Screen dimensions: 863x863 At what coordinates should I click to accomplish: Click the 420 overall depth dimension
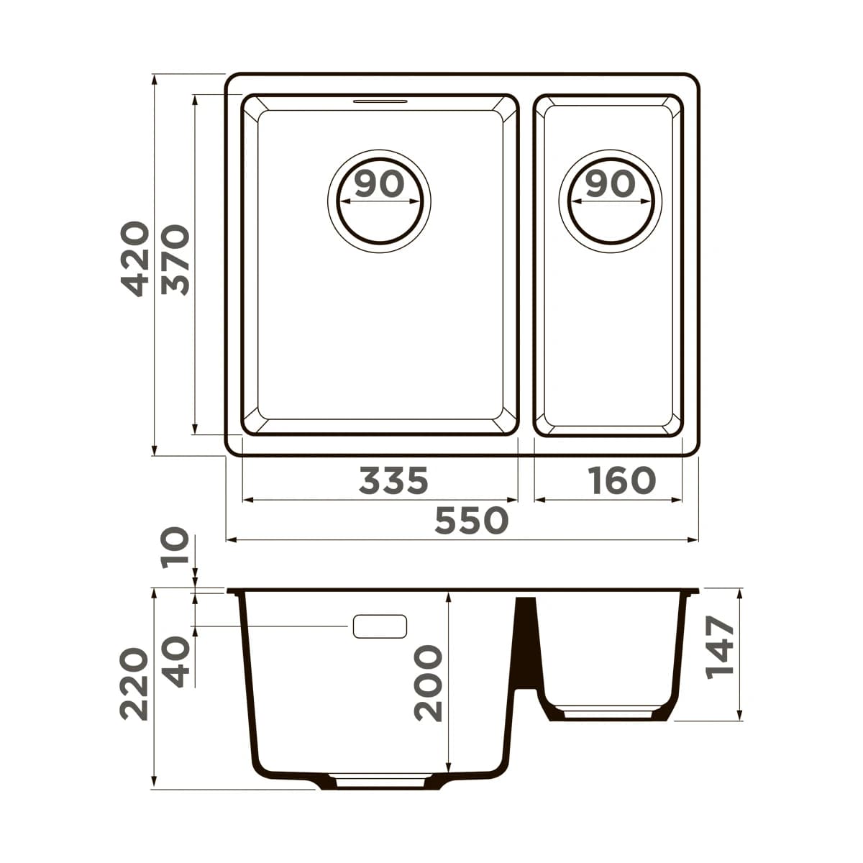click(134, 259)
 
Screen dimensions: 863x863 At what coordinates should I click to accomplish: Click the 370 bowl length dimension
click(175, 260)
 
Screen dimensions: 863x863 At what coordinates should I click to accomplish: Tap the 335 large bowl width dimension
click(393, 480)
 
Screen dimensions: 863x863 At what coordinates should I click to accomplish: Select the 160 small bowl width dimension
click(621, 480)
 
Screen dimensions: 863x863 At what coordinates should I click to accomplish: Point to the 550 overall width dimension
click(472, 521)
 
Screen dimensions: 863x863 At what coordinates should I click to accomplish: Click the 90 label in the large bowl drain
click(379, 185)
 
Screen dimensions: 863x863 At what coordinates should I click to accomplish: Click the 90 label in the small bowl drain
click(611, 185)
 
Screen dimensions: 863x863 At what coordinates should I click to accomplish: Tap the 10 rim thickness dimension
click(175, 548)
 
